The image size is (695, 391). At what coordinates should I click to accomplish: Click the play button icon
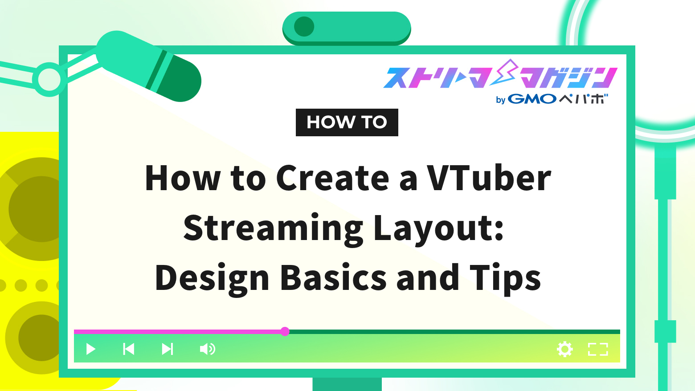91,349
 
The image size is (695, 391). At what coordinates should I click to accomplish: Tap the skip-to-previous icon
129,349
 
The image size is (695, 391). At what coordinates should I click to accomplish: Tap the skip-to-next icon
168,349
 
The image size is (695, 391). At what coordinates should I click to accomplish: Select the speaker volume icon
207,349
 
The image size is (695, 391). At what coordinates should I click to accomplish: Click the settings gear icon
565,349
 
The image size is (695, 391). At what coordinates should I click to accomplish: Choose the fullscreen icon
598,349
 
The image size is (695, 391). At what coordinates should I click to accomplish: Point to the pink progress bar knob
285,331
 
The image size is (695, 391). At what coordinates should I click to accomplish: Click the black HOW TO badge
347,122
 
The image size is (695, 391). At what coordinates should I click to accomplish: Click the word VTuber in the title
489,178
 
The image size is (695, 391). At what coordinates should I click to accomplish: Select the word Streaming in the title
273,228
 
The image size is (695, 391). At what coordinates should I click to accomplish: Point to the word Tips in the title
505,278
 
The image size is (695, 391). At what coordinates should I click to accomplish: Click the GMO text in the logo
532,99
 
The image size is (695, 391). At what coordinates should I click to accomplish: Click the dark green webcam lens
304,27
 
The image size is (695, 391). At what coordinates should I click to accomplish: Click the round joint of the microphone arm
49,79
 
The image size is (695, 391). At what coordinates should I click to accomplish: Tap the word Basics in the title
334,278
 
